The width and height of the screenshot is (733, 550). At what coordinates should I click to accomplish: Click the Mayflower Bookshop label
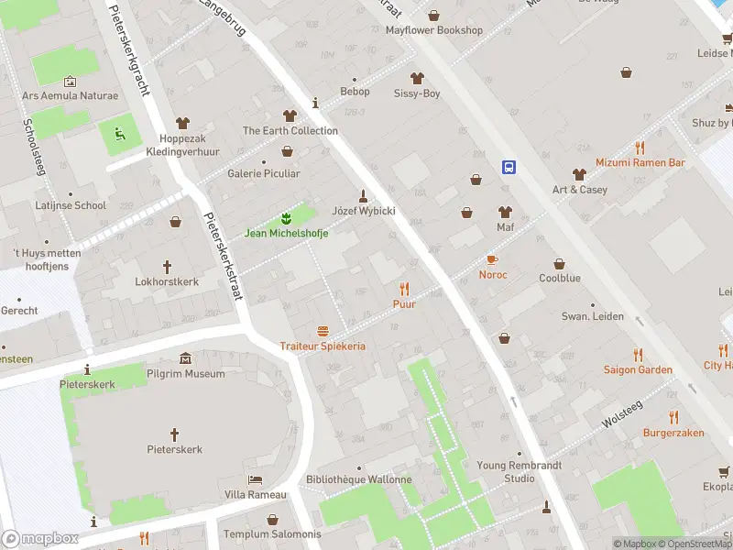433,30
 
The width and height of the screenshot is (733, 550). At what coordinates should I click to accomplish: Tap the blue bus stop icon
509,167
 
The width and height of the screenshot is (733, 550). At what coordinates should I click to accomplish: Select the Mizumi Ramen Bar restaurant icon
640,148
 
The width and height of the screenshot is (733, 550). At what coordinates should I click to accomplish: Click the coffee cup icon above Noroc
492,260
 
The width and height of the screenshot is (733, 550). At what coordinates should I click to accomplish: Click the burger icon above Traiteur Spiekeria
323,331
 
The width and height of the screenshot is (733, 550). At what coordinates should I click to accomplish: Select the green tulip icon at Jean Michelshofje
286,218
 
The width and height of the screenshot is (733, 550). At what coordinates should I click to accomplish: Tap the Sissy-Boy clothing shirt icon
417,79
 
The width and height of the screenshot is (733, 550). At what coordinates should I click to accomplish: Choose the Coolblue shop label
561,277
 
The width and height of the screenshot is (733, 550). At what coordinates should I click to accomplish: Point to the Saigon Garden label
637,369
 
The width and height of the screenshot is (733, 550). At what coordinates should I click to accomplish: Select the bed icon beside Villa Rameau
256,480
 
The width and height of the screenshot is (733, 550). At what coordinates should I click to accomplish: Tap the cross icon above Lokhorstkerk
167,267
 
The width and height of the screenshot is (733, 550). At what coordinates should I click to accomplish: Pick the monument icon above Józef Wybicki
363,195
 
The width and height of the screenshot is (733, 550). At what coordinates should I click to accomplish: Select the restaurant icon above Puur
404,289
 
